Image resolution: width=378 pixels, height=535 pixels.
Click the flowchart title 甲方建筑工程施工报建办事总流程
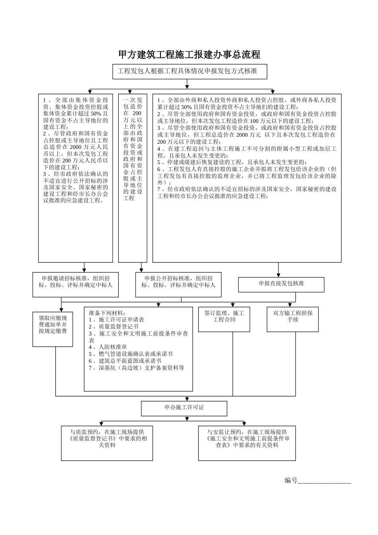click(189, 55)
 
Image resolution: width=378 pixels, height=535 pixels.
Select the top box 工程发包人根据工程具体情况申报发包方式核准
click(189, 72)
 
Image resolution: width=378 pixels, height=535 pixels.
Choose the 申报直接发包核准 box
click(281, 284)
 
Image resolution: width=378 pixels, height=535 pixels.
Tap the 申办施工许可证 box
click(184, 408)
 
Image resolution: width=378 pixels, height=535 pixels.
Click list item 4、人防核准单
click(108, 347)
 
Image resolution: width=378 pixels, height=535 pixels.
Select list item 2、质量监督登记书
click(113, 326)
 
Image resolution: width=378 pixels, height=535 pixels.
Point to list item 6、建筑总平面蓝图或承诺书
click(125, 361)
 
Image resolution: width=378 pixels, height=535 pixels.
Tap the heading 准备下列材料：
click(107, 313)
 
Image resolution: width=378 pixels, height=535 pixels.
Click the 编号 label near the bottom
click(291, 480)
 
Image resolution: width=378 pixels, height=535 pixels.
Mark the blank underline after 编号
click(324, 481)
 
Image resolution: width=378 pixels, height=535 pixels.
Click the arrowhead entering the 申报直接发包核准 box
click(279, 275)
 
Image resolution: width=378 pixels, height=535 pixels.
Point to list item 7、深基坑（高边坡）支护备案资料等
click(136, 368)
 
